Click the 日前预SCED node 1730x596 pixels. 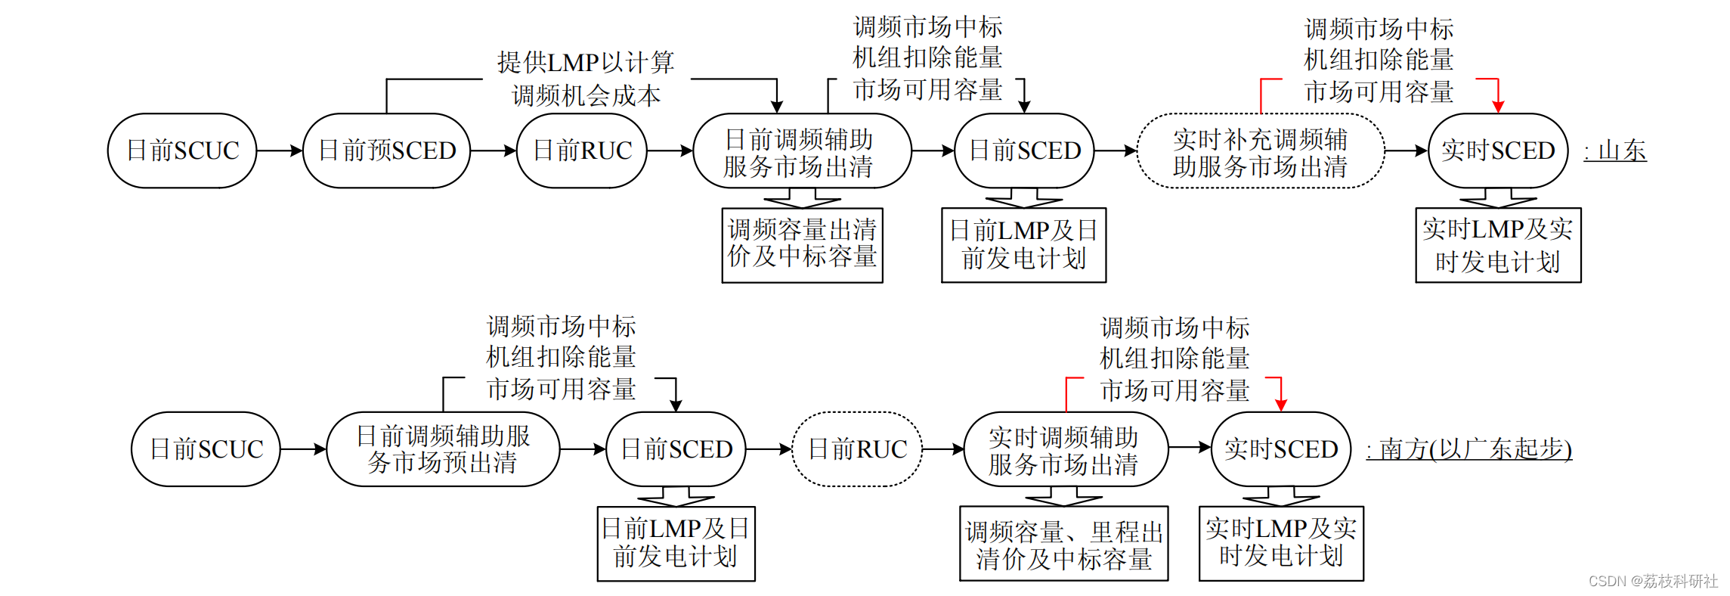pos(386,151)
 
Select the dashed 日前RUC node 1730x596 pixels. pos(857,449)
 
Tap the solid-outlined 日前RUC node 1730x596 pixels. pos(582,151)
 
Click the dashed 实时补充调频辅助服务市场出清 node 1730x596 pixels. pos(1260,151)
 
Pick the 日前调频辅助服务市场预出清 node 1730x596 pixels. pos(443,449)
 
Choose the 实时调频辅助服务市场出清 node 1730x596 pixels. pos(1065,449)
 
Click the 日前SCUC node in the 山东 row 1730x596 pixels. pos(182,151)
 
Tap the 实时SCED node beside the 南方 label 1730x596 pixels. pos(1281,449)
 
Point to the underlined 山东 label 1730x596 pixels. pos(1616,151)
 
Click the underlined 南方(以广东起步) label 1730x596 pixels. pos(1468,449)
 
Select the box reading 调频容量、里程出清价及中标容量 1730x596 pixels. pos(1063,545)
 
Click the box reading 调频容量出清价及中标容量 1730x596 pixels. pos(802,244)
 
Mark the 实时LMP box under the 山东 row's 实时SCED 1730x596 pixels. pos(1498,245)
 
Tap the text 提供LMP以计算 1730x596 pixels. pos(585,63)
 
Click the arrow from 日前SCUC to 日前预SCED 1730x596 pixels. pos(280,151)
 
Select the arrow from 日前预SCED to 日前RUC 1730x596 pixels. pos(493,151)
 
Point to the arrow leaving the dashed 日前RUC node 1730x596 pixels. pos(943,449)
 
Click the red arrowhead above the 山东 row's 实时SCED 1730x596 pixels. pos(1498,107)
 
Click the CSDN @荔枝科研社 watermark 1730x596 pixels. pos(1653,581)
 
